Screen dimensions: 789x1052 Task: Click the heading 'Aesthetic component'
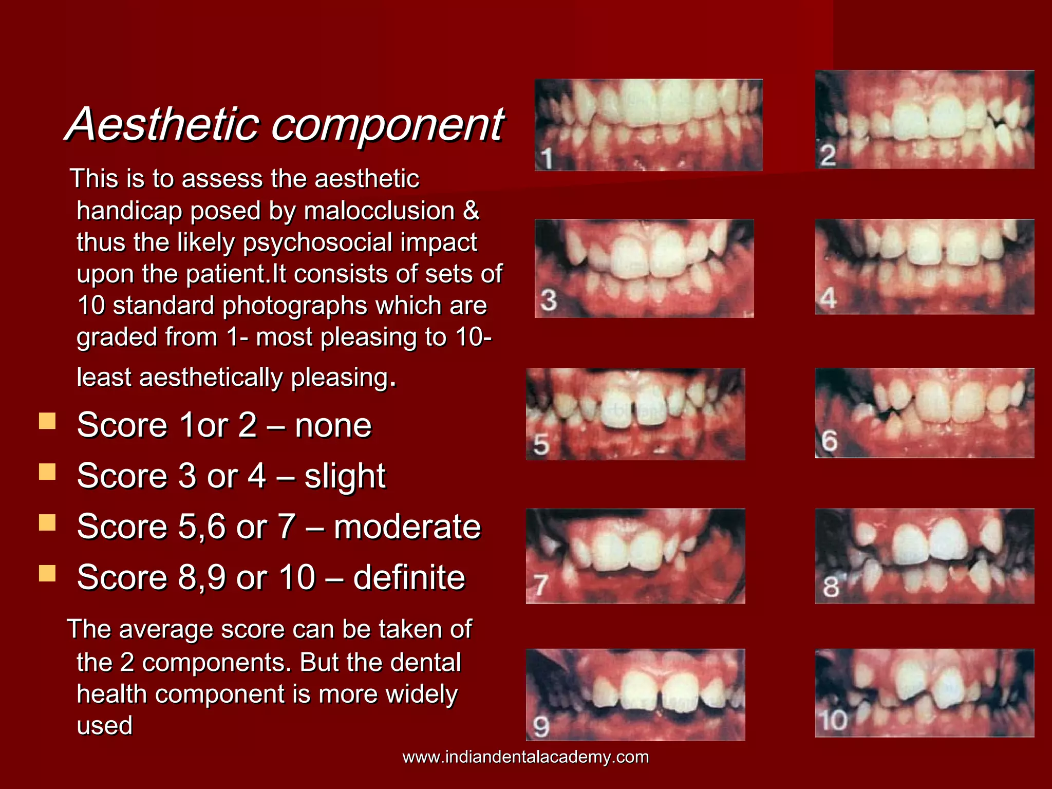[286, 124]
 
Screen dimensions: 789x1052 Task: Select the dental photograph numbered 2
[925, 120]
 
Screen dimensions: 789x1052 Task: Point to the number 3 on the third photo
[549, 300]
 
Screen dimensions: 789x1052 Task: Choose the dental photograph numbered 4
[925, 267]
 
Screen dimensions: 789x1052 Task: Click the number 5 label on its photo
[541, 444]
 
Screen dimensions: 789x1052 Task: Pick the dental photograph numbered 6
[925, 413]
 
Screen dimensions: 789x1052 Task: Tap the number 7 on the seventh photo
[540, 585]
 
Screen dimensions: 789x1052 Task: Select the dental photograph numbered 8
[925, 556]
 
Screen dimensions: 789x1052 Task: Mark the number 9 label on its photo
[541, 726]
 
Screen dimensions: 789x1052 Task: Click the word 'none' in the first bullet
[333, 426]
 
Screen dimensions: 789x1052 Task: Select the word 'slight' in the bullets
[345, 476]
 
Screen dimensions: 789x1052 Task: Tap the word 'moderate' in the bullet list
[407, 527]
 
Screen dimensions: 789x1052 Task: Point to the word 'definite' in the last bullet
[409, 577]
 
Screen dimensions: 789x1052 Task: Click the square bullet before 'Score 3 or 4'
[47, 472]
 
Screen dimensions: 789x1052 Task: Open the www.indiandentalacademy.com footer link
[525, 757]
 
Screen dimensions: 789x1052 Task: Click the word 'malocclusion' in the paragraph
[379, 211]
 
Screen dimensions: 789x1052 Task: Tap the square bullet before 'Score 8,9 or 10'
[47, 573]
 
